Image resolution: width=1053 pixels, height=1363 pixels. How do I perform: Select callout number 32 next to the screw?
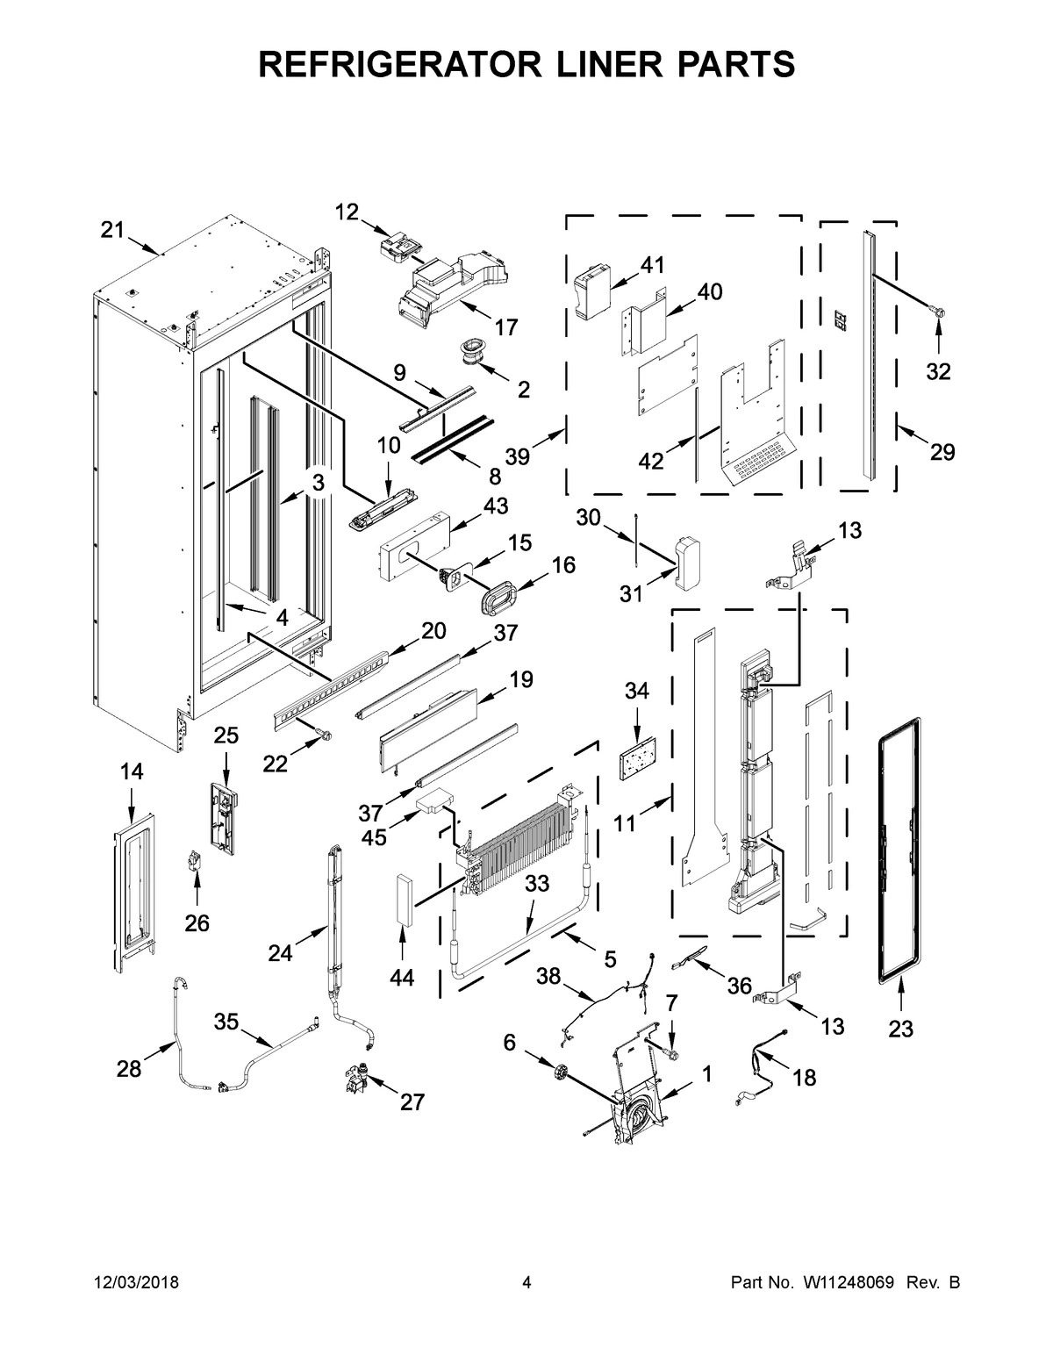pos(938,372)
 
